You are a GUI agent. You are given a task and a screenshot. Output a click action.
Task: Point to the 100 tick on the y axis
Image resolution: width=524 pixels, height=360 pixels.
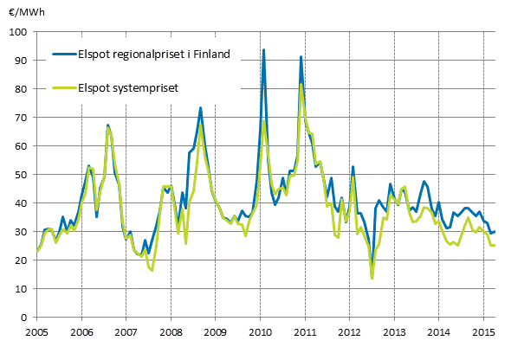click(20, 32)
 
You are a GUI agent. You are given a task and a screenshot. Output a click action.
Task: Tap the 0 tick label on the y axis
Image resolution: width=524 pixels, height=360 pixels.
click(25, 318)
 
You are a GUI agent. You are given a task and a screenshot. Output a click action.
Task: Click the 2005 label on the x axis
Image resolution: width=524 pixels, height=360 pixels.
click(36, 331)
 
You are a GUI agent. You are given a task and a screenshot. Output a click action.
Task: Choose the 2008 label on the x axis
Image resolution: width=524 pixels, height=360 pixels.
click(171, 331)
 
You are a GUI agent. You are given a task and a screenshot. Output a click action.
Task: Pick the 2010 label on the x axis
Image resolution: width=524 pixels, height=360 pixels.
click(260, 331)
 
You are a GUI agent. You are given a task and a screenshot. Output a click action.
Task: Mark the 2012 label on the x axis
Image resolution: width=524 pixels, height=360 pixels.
click(349, 331)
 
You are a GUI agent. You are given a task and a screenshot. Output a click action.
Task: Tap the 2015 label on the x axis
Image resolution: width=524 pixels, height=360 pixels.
click(483, 331)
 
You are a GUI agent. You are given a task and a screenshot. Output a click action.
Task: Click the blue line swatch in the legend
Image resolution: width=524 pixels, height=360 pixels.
click(62, 55)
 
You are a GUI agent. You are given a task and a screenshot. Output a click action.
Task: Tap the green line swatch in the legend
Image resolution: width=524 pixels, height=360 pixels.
click(62, 87)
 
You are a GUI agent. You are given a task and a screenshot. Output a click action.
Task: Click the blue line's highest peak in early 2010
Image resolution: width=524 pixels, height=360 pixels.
click(263, 50)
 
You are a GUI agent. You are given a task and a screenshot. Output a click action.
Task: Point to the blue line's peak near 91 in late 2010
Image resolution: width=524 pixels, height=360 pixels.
click(301, 57)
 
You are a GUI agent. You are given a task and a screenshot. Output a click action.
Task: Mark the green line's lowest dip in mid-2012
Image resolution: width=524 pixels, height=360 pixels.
click(372, 278)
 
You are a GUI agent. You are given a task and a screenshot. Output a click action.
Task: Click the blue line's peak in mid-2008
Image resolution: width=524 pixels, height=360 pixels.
click(200, 108)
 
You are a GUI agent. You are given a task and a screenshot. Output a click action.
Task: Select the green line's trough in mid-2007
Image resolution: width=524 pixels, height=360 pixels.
click(152, 271)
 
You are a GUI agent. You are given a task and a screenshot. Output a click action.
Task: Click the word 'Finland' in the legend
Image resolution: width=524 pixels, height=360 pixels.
click(211, 55)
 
